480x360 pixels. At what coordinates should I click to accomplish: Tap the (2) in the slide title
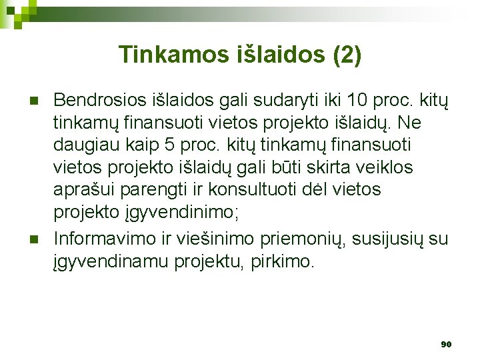point(346,55)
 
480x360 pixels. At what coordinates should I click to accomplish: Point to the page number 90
point(446,344)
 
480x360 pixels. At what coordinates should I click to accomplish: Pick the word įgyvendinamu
point(111,261)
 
